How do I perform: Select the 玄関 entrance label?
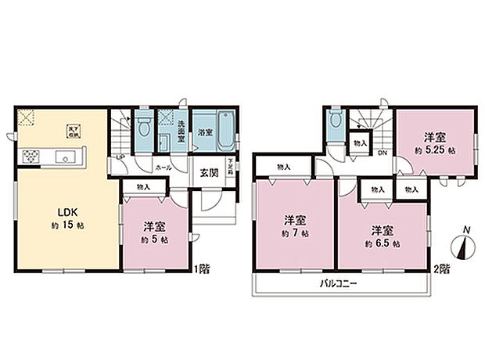[210, 174]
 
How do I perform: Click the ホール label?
[163, 167]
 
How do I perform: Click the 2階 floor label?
[444, 269]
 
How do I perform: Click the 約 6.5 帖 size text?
[382, 243]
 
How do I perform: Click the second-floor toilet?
[336, 123]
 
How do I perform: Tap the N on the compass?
[466, 229]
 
